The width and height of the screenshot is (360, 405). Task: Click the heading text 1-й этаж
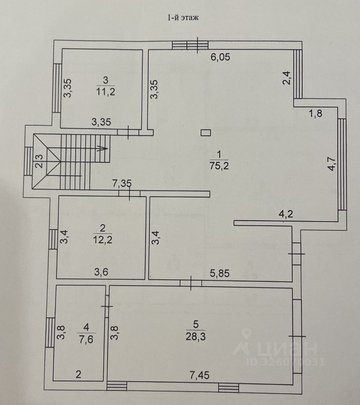pos(180,17)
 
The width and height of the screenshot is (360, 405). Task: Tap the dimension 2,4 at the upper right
pos(287,78)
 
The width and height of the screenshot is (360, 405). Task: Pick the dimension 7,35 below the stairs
pos(121,184)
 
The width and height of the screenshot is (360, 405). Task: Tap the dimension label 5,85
pos(220,273)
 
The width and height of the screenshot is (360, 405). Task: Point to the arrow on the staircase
pos(101,148)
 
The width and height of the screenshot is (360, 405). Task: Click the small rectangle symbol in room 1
pos(206,133)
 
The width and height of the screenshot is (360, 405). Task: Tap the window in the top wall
pos(190,44)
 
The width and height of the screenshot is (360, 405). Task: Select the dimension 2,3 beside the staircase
pos(38,161)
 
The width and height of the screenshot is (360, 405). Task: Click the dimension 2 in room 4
pos(78,374)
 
